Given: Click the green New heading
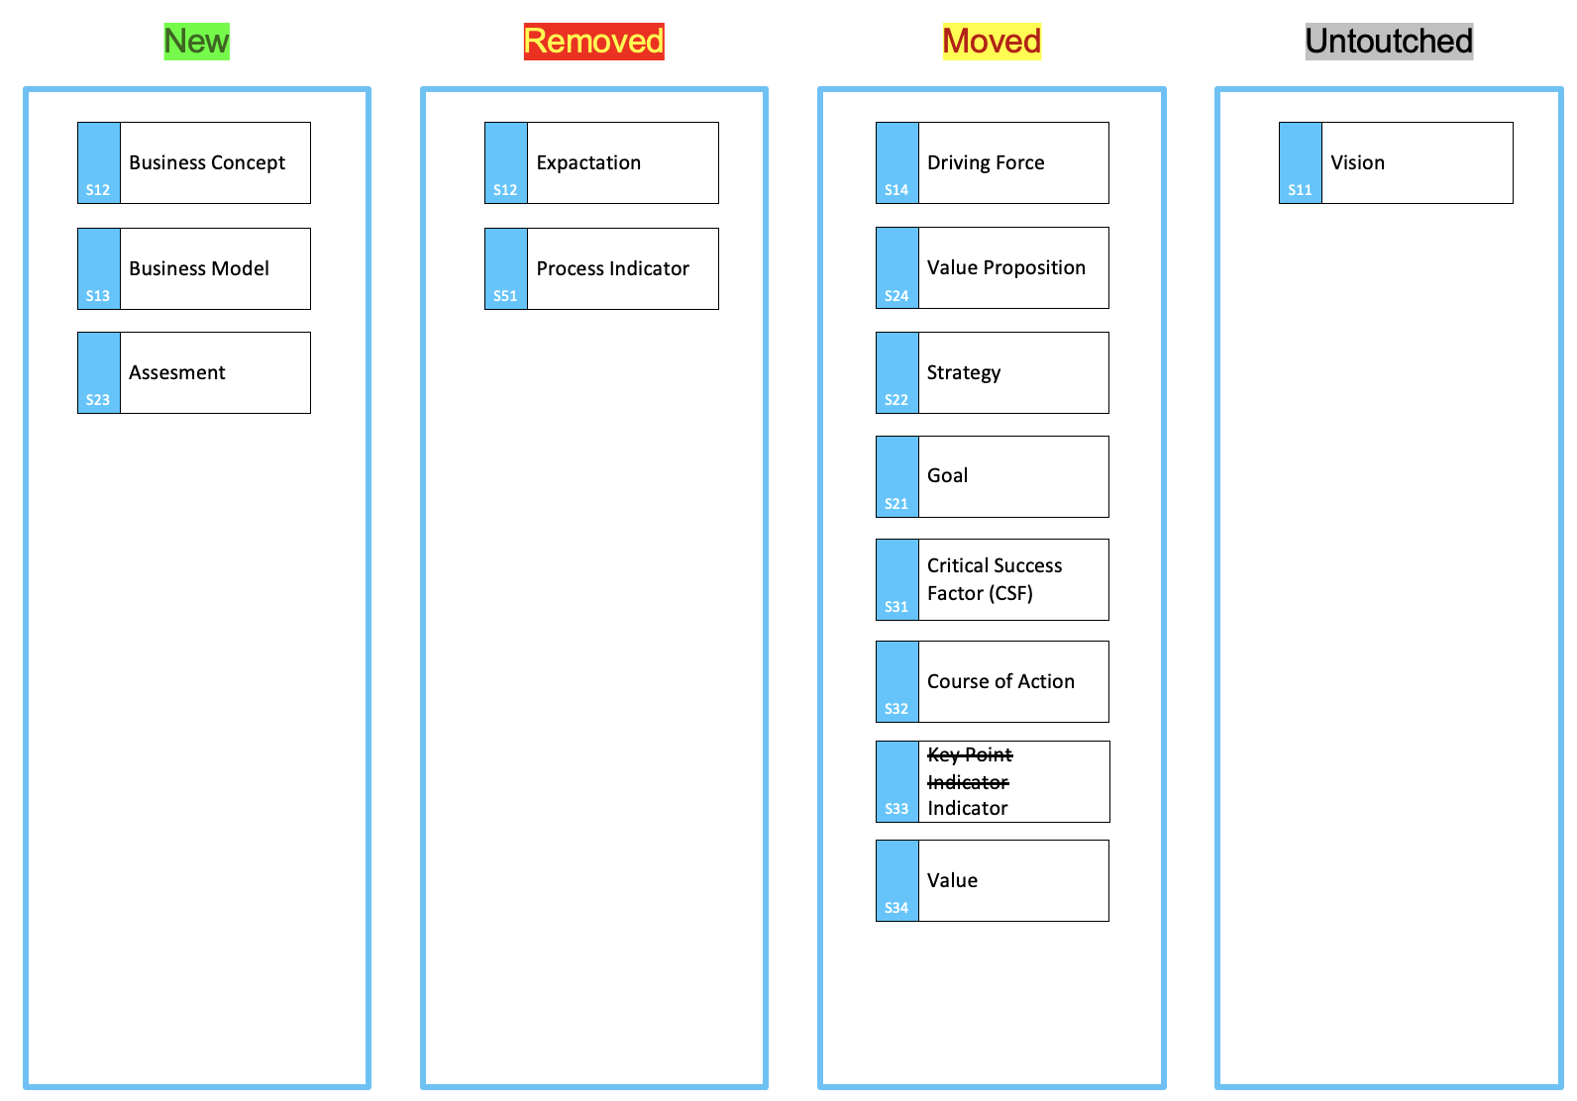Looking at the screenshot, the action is click(x=196, y=42).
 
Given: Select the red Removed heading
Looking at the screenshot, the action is click(x=593, y=42).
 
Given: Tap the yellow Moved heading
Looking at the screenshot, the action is click(x=992, y=42).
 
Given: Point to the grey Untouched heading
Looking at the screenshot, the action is click(x=1389, y=42).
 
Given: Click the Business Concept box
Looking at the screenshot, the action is click(x=193, y=163).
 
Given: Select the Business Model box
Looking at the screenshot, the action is click(x=193, y=268).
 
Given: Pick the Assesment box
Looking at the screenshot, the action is click(x=193, y=373).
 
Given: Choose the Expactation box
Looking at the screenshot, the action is click(x=601, y=163).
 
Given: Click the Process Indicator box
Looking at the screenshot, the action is click(x=601, y=268).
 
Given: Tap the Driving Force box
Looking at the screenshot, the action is click(x=992, y=163).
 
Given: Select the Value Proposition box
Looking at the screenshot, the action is click(x=992, y=268).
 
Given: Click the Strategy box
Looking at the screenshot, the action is click(x=992, y=373).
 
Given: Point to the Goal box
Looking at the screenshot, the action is click(x=992, y=477).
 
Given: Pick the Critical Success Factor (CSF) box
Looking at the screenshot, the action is click(x=992, y=579).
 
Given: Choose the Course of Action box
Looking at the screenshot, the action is click(x=992, y=682).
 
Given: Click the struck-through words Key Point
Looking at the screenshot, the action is click(x=970, y=754).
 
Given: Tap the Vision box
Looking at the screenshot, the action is click(x=1396, y=163).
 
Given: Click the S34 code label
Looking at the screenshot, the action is click(x=896, y=908).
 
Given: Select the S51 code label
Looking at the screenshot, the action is click(x=505, y=296).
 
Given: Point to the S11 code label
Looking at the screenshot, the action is click(x=1300, y=190).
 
